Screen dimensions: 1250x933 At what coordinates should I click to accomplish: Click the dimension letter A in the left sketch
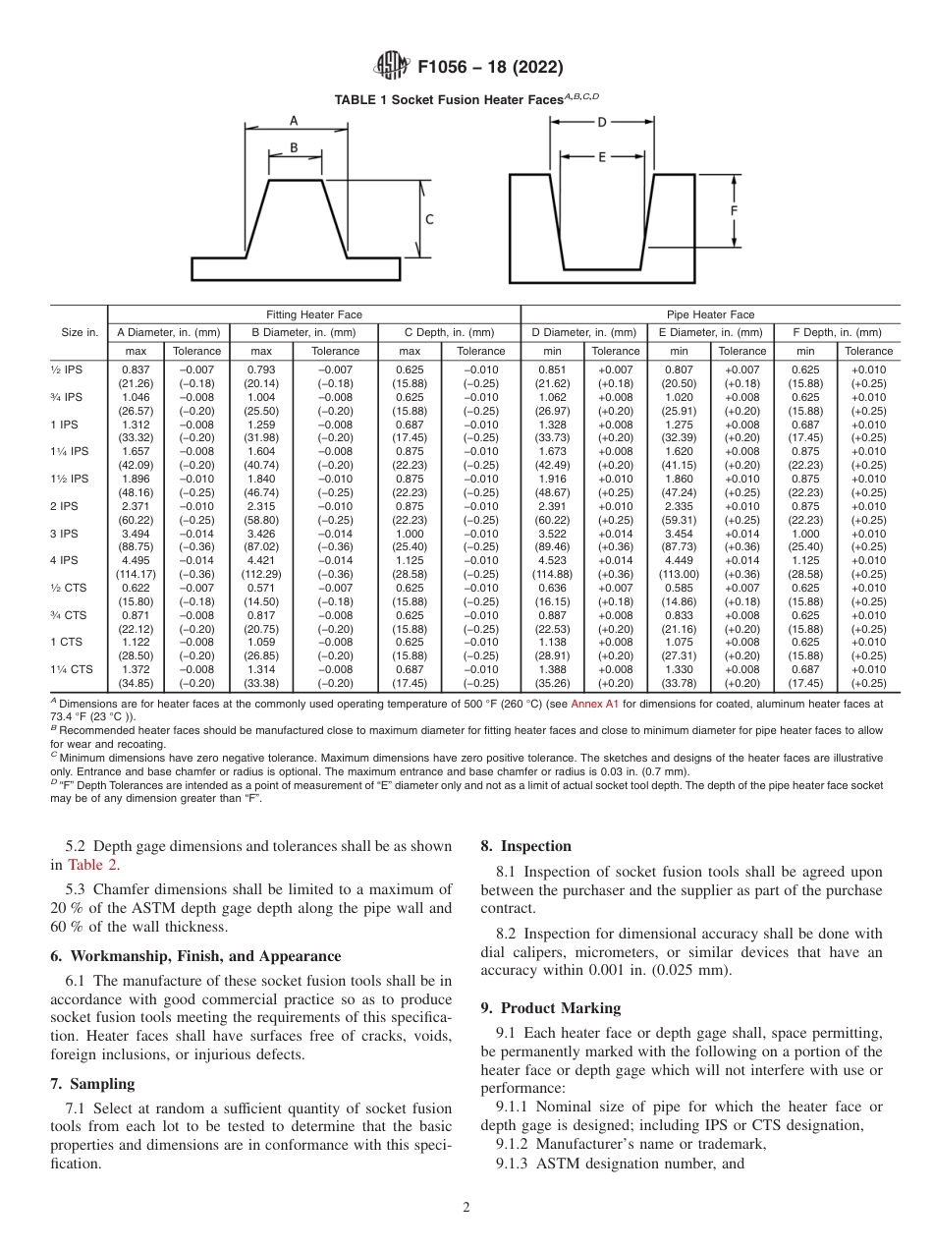pos(294,121)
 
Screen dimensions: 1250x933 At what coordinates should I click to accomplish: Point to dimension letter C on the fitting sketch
pos(428,220)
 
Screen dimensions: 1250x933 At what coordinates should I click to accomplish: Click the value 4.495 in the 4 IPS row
pos(136,561)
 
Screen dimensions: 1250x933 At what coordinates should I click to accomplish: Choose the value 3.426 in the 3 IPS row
pos(261,534)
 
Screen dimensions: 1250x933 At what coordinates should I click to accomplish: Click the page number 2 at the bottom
pos(466,1208)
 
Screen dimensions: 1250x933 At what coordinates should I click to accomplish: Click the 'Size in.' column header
pos(79,332)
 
